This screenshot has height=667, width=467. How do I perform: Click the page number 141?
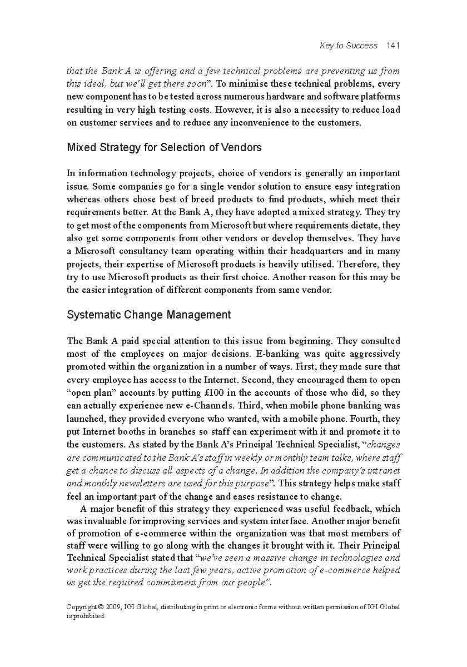393,46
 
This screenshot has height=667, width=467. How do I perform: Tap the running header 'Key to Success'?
349,46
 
